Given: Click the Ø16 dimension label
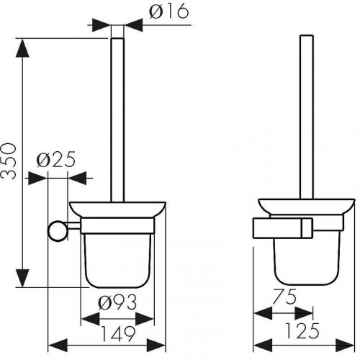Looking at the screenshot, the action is coord(169,12).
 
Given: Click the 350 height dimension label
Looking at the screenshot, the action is coord(8,161).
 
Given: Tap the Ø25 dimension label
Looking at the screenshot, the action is coord(56,159).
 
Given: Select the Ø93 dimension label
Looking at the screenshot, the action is coord(117,302).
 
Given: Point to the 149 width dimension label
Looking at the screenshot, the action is coord(118,333).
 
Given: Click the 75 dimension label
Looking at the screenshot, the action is coord(285,297).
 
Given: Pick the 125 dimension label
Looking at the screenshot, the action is coord(302,330).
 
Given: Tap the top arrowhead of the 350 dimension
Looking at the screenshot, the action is coord(22,48).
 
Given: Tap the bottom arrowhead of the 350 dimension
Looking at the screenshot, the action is coord(22,278).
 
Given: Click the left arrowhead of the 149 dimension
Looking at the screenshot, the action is coord(58,346).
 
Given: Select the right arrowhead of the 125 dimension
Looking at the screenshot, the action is coord(345,346).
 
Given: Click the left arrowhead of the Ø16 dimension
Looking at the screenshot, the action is coord(102,24).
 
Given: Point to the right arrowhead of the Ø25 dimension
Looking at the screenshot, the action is coord(77,178).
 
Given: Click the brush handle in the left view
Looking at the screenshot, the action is coord(117,120).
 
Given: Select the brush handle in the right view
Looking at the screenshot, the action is coord(307,117).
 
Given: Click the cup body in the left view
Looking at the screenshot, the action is coord(117,261).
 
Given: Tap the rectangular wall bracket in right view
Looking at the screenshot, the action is coord(283,228).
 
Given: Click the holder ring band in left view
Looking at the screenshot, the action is coord(117,225).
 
